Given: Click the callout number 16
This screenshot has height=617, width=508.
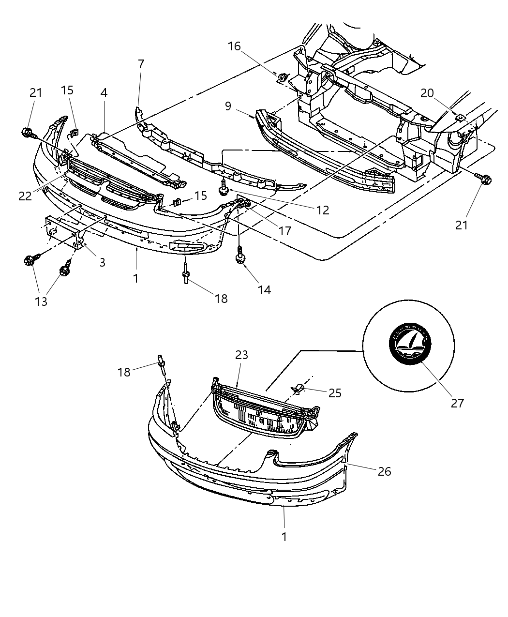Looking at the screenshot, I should coord(234,46).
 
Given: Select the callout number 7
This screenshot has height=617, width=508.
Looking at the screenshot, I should coord(141,64).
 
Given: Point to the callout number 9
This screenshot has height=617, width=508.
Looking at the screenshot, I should coord(228,106).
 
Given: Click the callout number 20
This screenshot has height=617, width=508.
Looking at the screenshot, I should coord(427,93).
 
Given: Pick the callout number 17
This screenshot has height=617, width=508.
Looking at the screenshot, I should coord(285,231).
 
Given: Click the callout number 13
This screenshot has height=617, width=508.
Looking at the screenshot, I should coord(41,301).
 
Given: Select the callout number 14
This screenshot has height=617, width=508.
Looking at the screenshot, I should coord(264,289).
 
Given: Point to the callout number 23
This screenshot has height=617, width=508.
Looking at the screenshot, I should coord(241,355).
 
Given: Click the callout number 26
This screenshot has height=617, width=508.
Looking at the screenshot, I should coord(384,471).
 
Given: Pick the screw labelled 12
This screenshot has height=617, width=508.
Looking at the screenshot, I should coord(224,187).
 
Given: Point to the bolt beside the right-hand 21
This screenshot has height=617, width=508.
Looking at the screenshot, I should coord(484,179).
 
